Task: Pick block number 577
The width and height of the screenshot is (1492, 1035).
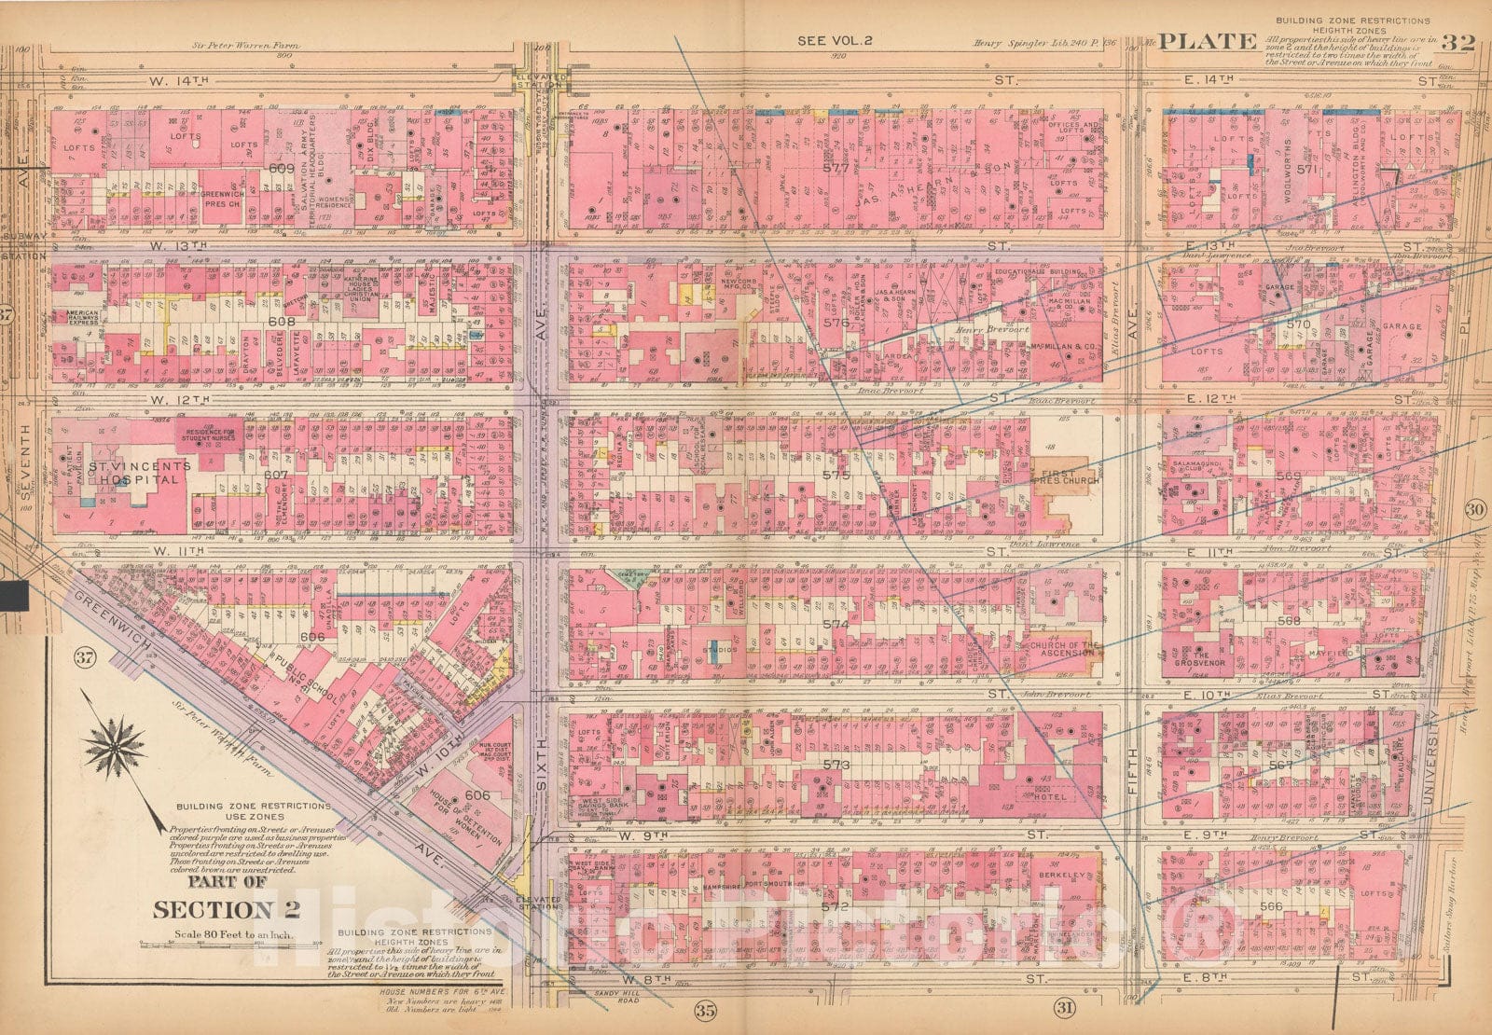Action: [836, 169]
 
